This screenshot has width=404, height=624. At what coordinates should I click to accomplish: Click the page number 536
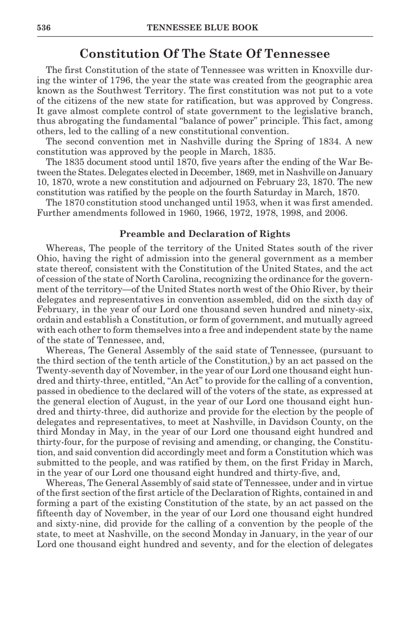pos(44,28)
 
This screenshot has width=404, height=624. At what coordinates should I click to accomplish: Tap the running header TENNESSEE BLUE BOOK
pos(202,28)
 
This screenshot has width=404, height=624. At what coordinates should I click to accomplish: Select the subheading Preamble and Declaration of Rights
pos(205,234)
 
